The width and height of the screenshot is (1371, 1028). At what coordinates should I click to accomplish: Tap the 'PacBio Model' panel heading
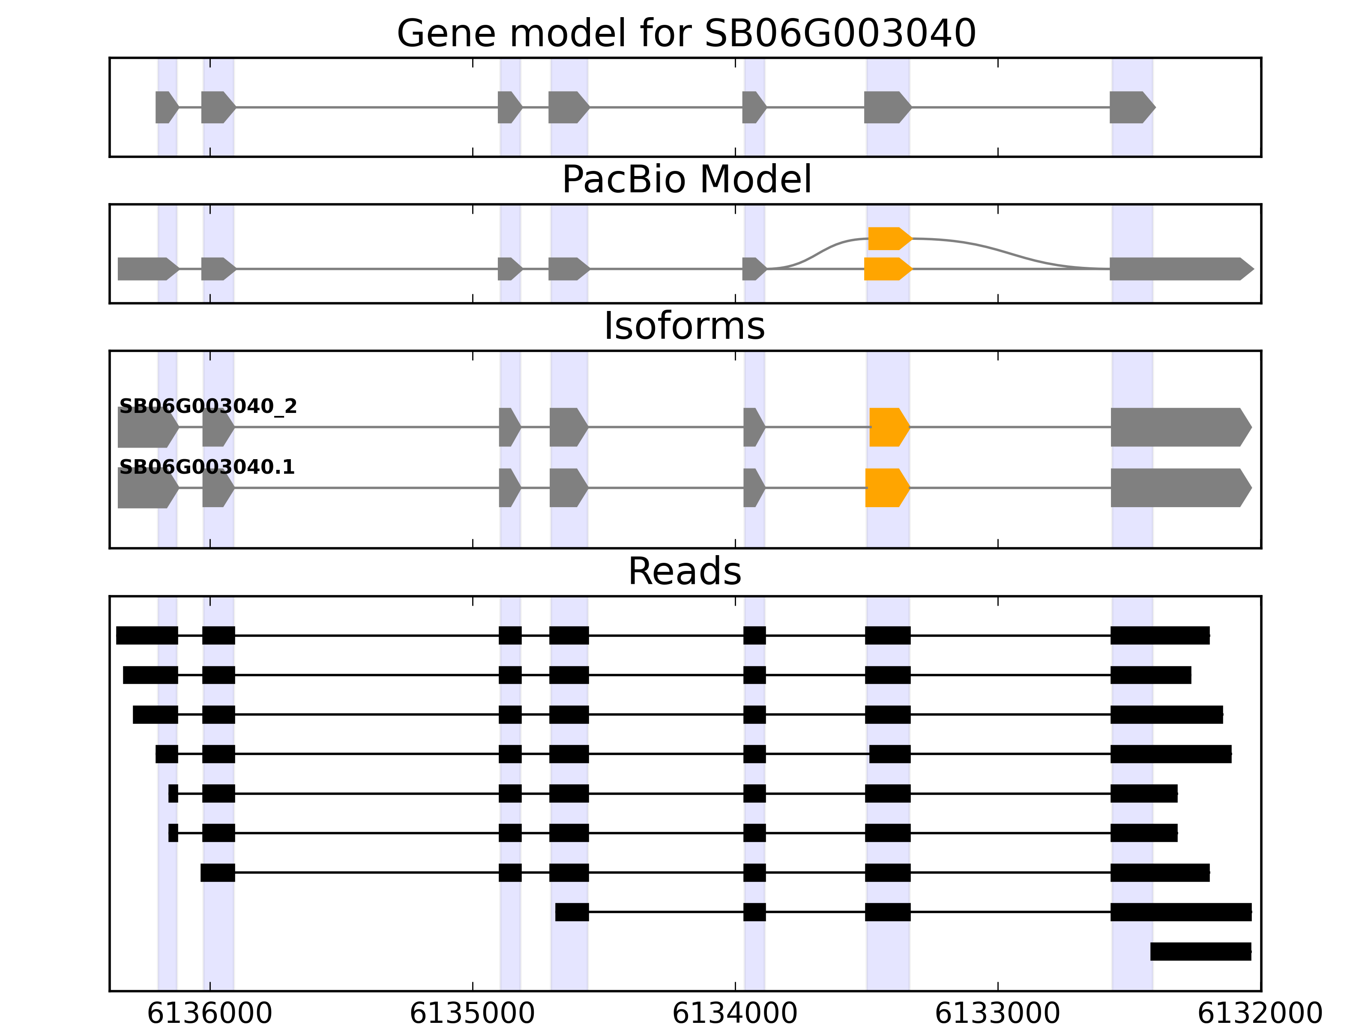coord(686,180)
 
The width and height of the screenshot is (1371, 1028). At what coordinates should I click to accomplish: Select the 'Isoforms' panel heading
coord(684,326)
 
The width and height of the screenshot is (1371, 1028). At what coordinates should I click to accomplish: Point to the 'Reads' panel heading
coord(684,571)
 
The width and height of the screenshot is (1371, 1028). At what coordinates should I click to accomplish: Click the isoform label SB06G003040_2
coord(208,406)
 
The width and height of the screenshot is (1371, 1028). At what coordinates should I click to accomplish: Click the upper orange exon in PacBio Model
coord(888,239)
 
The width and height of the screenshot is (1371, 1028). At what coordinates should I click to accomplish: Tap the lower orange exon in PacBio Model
coord(886,269)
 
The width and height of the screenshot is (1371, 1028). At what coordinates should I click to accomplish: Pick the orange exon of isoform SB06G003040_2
coord(888,427)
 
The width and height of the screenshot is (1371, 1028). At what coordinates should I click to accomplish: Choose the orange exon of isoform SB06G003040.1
coord(886,488)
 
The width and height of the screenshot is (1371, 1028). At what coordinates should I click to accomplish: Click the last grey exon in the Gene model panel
coord(1131,107)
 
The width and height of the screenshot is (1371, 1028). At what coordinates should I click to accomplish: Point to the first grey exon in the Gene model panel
coord(165,107)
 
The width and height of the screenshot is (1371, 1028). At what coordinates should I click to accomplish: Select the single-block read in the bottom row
coord(1200,951)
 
